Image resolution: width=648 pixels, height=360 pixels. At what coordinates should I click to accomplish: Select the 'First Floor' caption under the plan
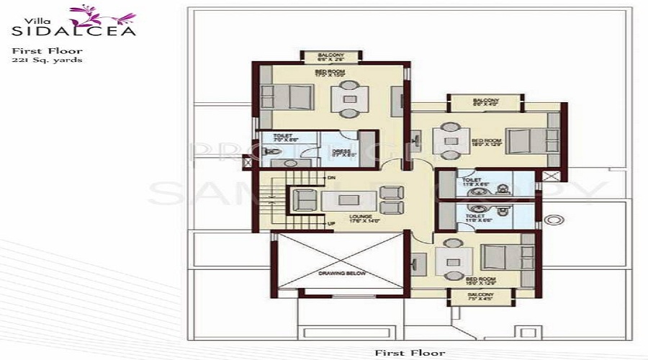tap(409, 353)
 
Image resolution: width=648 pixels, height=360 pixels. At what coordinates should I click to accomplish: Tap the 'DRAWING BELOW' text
tap(343, 274)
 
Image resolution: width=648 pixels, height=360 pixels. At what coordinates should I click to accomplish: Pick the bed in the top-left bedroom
tap(288, 96)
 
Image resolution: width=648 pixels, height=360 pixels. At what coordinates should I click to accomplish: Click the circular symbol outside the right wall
tap(553, 220)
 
